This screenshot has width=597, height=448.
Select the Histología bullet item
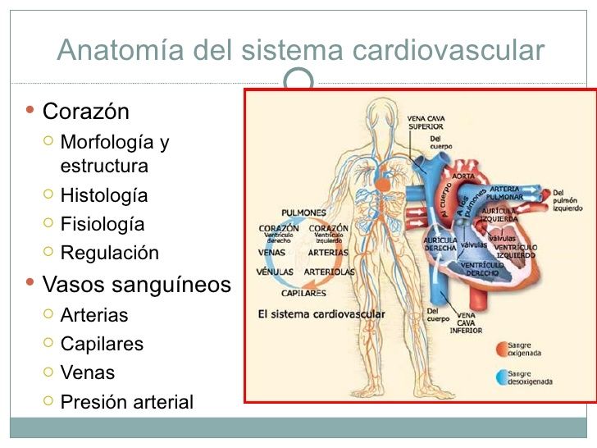104,195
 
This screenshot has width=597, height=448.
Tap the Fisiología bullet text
103,224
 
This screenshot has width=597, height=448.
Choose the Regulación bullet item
109,253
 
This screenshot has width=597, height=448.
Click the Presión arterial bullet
126,402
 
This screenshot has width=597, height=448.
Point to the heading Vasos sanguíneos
136,285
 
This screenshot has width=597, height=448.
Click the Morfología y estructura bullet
114,154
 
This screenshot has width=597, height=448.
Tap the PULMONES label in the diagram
304,213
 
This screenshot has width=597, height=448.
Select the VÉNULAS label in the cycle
276,271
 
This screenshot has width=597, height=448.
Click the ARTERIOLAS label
330,271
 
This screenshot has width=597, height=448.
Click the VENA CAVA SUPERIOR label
427,122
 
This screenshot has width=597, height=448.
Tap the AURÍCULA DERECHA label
440,244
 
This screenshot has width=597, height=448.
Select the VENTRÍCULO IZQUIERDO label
515,251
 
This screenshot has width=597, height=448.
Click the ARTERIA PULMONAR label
505,194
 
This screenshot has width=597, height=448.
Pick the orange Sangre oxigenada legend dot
500,349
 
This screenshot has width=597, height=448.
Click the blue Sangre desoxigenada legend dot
500,377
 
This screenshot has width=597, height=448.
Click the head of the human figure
380,112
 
